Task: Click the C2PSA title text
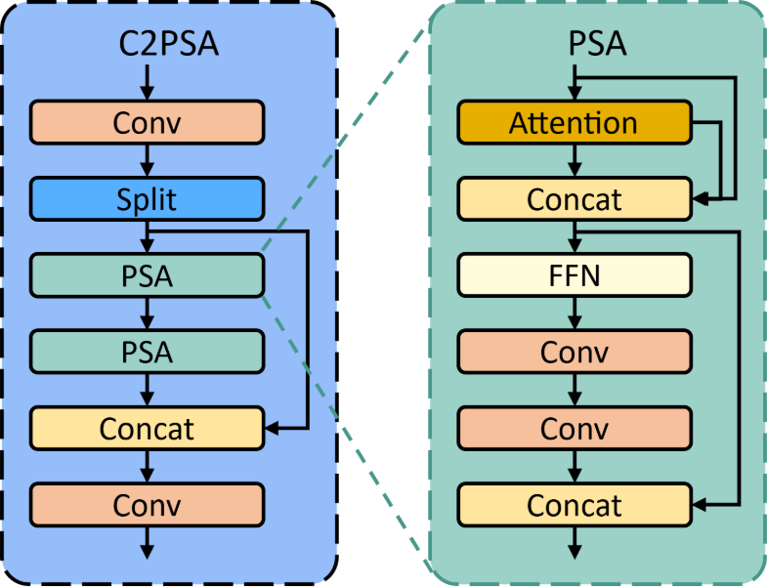click(x=148, y=45)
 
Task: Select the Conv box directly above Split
click(x=148, y=122)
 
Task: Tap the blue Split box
click(x=148, y=199)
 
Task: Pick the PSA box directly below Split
click(x=148, y=275)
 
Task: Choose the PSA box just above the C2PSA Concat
click(x=148, y=352)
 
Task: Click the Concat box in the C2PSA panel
click(x=148, y=428)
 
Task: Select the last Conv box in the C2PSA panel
click(x=148, y=505)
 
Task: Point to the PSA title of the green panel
click(x=597, y=45)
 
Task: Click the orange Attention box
click(x=575, y=123)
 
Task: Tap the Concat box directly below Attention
click(x=575, y=199)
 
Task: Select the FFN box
click(x=575, y=275)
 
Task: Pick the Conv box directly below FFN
click(x=575, y=352)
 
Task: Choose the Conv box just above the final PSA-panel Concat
click(x=575, y=428)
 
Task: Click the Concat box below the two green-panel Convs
click(x=575, y=505)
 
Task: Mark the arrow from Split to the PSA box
click(x=148, y=237)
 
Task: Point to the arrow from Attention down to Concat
click(x=575, y=161)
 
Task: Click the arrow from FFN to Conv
click(x=575, y=314)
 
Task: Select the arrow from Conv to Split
click(x=148, y=160)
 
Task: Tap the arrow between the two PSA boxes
click(x=148, y=314)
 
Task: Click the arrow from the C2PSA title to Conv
click(x=148, y=81)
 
